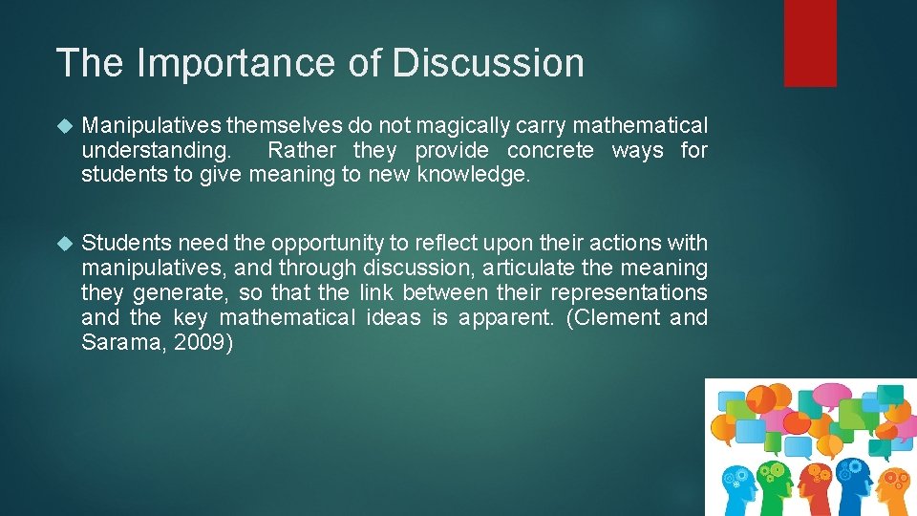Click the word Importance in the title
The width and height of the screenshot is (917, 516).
point(235,63)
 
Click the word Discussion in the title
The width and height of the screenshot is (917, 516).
point(488,63)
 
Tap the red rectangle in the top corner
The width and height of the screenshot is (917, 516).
point(810,43)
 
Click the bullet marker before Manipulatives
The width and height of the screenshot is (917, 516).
point(64,126)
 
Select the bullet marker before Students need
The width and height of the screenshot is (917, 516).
point(64,244)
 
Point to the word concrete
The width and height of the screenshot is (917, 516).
point(549,150)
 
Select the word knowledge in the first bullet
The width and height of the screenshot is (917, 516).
point(473,174)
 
